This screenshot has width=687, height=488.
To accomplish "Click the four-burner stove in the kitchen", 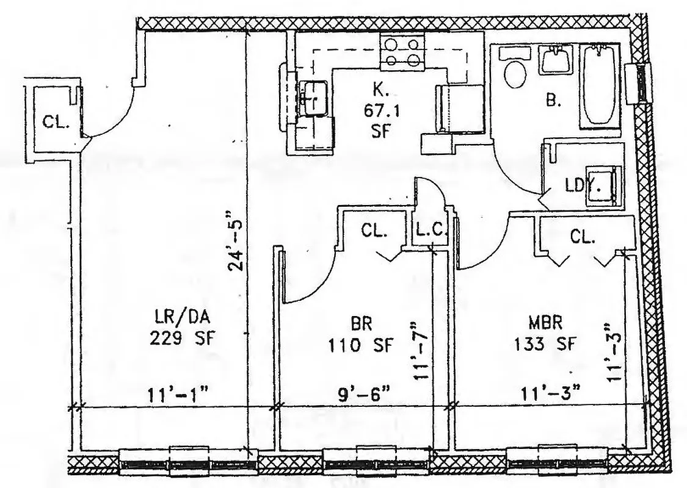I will pos(402,51).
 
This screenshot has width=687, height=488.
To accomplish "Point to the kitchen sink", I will pos(312,97).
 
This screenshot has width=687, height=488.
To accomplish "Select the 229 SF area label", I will pos(183,338).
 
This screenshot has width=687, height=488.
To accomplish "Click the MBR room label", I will pos(545,321).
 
